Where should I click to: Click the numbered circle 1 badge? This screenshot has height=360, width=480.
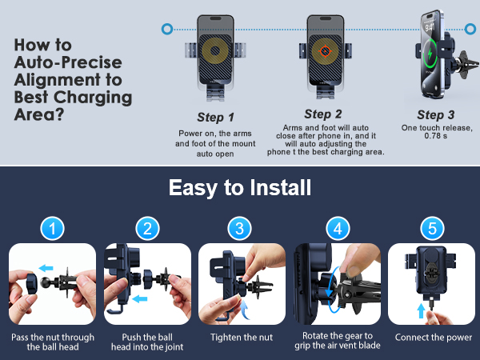[52, 228]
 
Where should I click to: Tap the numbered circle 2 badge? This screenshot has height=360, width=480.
[147, 228]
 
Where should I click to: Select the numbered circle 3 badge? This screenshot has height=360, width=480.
[240, 228]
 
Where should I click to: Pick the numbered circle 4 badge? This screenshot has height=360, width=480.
[338, 228]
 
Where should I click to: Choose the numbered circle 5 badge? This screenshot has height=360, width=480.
[432, 228]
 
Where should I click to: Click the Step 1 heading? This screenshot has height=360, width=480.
[215, 118]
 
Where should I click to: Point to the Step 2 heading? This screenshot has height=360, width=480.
[323, 114]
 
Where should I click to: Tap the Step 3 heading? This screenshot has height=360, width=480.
[436, 115]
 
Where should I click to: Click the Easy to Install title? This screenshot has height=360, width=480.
[240, 187]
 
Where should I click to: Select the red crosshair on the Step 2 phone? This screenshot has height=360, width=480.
[325, 51]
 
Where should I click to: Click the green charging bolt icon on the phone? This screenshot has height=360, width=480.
[430, 54]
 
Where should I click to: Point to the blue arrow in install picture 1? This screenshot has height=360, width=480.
[46, 268]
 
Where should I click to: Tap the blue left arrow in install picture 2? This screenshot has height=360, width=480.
[140, 298]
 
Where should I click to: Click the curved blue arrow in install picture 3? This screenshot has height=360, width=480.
[245, 310]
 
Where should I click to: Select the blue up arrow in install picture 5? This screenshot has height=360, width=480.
[422, 310]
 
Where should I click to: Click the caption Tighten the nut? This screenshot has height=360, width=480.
[242, 338]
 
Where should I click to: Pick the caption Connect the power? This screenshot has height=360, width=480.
[434, 338]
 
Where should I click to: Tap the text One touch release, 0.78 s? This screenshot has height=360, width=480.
[437, 132]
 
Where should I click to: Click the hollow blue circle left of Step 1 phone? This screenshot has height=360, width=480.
[167, 29]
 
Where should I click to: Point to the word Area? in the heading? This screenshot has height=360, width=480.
[39, 114]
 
